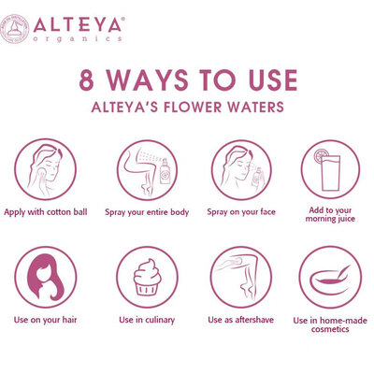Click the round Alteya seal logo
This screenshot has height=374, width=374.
[14, 29]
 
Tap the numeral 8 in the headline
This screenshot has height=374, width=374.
[86, 80]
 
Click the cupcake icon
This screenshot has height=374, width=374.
[147, 277]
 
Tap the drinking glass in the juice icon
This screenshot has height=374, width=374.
[330, 173]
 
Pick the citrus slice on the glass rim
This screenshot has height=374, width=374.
[321, 155]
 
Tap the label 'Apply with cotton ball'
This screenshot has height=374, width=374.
[46, 212]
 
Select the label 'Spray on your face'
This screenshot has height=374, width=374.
[241, 212]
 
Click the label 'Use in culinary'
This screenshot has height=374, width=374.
[147, 320]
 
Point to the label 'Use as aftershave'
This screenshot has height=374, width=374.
[240, 320]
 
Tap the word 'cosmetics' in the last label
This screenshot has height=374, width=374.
[330, 329]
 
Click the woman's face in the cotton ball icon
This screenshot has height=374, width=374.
[50, 169]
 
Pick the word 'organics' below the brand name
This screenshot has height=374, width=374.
[78, 39]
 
